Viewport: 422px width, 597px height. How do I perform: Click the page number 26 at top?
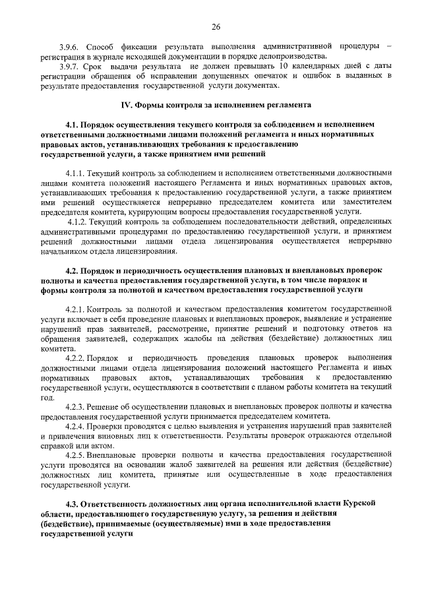click(x=216, y=26)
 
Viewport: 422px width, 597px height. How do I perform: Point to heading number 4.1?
click(x=74, y=124)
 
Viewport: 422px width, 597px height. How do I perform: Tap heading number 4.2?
click(x=74, y=270)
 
